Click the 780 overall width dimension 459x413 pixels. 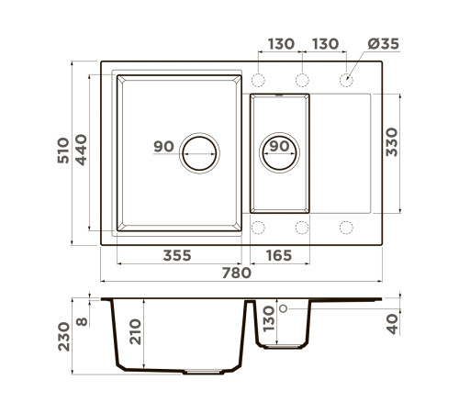click(x=237, y=273)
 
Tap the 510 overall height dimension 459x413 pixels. click(x=63, y=151)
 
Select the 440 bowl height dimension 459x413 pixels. click(x=81, y=150)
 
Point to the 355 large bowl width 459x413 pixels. click(x=177, y=255)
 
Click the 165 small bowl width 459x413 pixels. click(x=279, y=255)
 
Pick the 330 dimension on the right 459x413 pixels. click(x=392, y=142)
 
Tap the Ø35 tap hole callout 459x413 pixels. click(x=384, y=44)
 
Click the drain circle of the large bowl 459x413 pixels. click(x=199, y=153)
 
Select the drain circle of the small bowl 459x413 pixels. click(x=279, y=152)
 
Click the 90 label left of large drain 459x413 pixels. click(x=163, y=146)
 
